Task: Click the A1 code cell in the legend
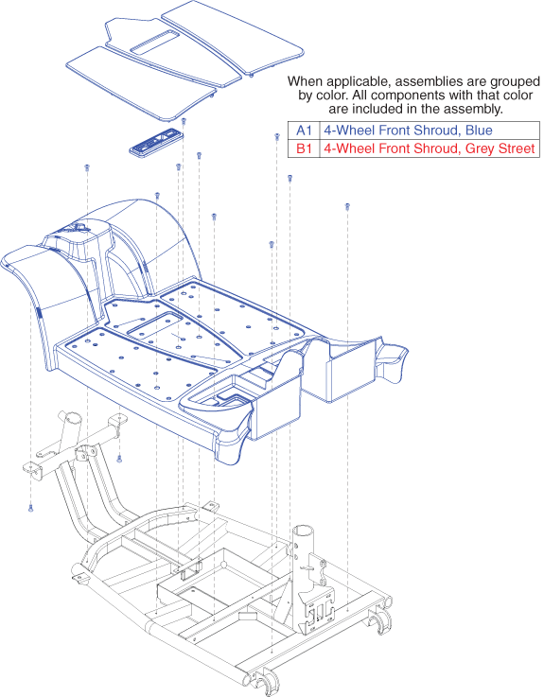(x=304, y=131)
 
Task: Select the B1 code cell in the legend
(x=304, y=148)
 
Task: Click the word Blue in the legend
(x=479, y=131)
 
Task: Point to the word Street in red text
(x=517, y=148)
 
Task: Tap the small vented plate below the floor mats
(x=156, y=142)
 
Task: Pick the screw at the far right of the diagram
(x=347, y=207)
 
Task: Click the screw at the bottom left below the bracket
(x=30, y=508)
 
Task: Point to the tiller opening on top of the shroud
(x=79, y=229)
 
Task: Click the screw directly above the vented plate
(x=184, y=121)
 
